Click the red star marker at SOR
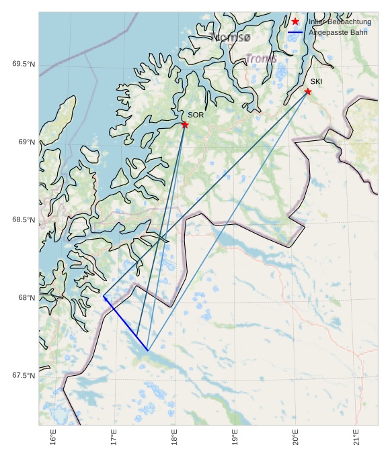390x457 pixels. click(185, 125)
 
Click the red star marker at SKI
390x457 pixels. click(308, 91)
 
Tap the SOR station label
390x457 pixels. click(196, 115)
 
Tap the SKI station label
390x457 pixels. click(316, 82)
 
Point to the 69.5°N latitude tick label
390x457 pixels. click(24, 64)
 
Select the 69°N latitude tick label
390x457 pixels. click(26, 142)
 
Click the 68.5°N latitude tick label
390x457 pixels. click(24, 220)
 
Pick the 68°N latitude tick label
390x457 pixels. click(26, 298)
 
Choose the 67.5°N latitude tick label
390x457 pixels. click(24, 376)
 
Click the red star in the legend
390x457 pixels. click(295, 22)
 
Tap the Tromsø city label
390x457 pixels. click(230, 38)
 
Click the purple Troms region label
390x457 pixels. click(261, 59)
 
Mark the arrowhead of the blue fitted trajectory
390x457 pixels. click(105, 297)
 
